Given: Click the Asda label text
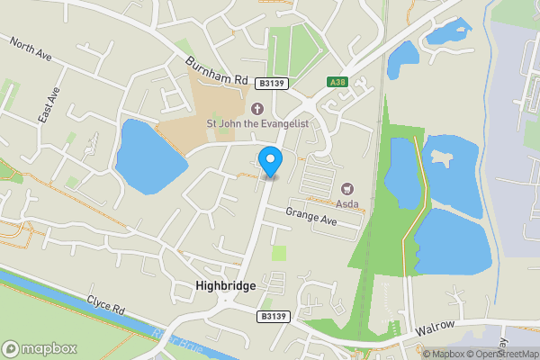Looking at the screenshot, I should tap(348, 203).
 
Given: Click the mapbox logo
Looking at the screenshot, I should tap(40, 348).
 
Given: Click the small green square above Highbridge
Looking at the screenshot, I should tap(279, 254).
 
